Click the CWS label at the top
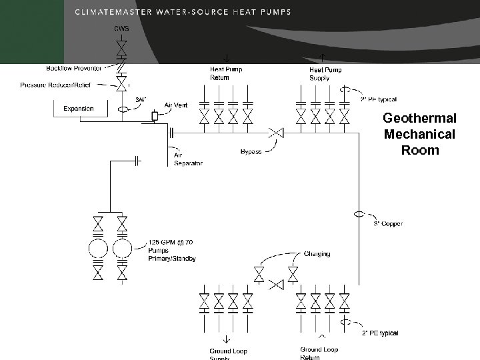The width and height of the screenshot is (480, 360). tap(121, 28)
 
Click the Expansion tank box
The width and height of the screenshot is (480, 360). tap(79, 109)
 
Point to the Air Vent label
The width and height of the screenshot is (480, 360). tap(176, 105)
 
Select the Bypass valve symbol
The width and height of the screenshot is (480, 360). tap(274, 133)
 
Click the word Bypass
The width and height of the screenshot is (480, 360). tap(250, 152)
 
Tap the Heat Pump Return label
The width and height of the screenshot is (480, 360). tap(226, 73)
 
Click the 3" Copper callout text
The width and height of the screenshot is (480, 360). tap(387, 224)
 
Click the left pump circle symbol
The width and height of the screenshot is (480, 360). tap(99, 248)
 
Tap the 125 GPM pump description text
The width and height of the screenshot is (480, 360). tap(171, 250)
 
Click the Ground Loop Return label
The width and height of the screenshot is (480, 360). tap(319, 353)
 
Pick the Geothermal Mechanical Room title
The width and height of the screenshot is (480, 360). tap(419, 134)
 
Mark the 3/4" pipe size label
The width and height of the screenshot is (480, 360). tap(141, 100)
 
